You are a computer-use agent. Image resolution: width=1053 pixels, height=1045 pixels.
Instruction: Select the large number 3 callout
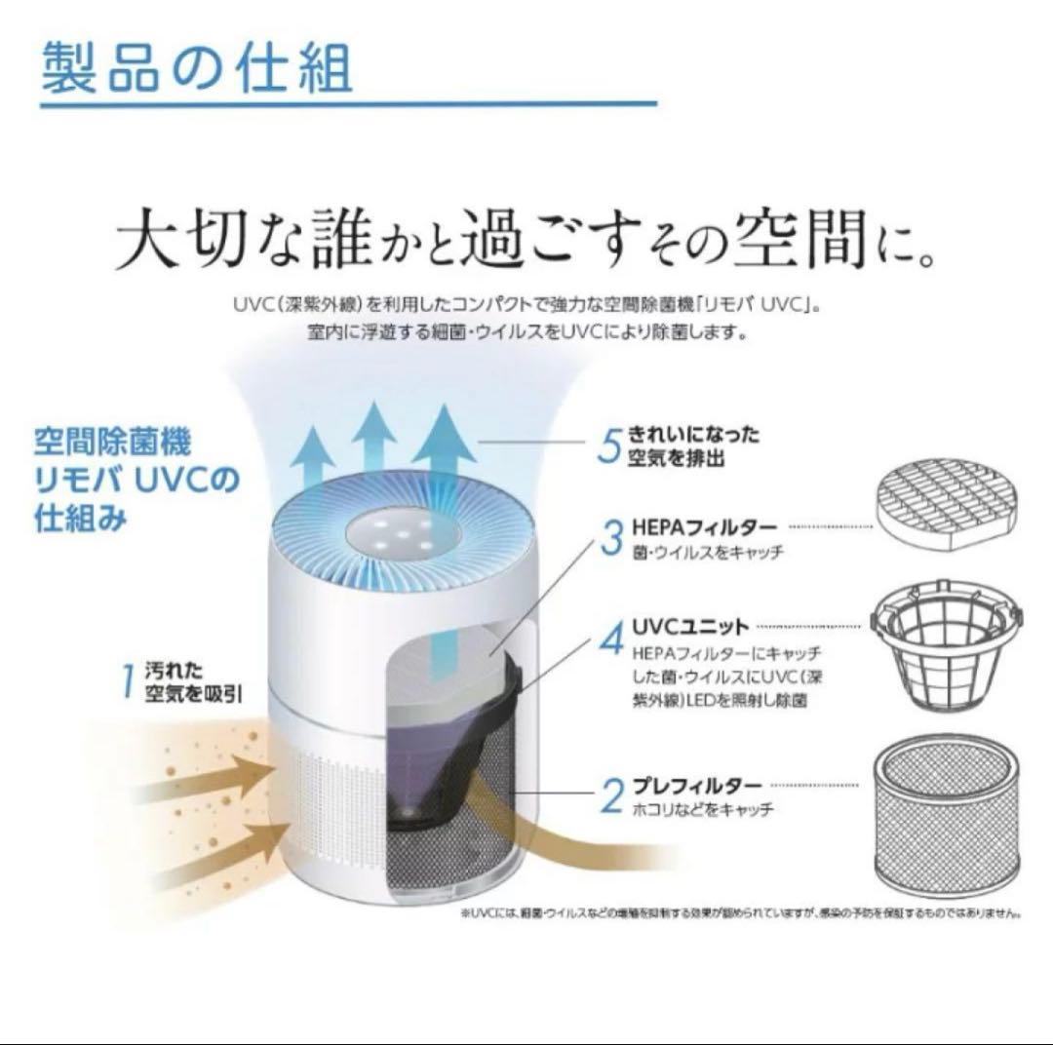tap(610, 537)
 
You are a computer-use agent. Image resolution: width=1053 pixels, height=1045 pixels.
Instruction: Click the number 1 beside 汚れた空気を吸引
tap(128, 681)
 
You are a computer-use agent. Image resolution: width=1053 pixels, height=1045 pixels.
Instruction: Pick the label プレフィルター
tap(696, 785)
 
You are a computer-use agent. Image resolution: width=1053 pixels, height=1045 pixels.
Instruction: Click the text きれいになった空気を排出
tap(692, 446)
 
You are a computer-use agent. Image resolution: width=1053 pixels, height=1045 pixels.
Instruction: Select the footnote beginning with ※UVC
tap(740, 913)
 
